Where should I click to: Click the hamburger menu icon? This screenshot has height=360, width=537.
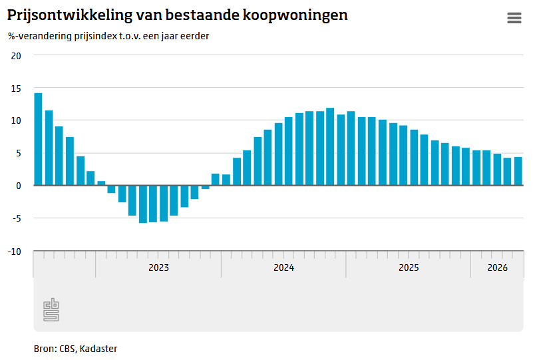click(x=514, y=18)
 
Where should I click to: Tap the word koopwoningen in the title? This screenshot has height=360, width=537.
click(x=295, y=15)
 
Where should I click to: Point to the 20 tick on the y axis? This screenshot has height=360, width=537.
click(x=16, y=56)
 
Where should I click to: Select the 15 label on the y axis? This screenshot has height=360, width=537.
click(x=16, y=89)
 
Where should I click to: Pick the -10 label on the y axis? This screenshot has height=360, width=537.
click(x=15, y=252)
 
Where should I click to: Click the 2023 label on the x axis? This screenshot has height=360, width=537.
click(x=158, y=268)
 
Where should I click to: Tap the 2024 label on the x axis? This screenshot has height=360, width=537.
click(x=283, y=268)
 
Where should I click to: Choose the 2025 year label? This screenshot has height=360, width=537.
click(x=409, y=268)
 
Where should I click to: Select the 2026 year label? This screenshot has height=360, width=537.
click(x=497, y=268)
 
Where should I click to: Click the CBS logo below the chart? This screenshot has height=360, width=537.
click(x=51, y=309)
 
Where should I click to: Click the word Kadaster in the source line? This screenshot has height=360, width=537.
click(x=98, y=349)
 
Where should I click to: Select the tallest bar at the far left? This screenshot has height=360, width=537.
click(x=38, y=139)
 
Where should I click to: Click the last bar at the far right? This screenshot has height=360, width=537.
click(x=518, y=171)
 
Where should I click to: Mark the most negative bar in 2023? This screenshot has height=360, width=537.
click(x=143, y=204)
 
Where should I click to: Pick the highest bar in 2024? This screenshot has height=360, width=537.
click(x=330, y=146)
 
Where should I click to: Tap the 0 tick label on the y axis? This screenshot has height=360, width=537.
click(x=19, y=186)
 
